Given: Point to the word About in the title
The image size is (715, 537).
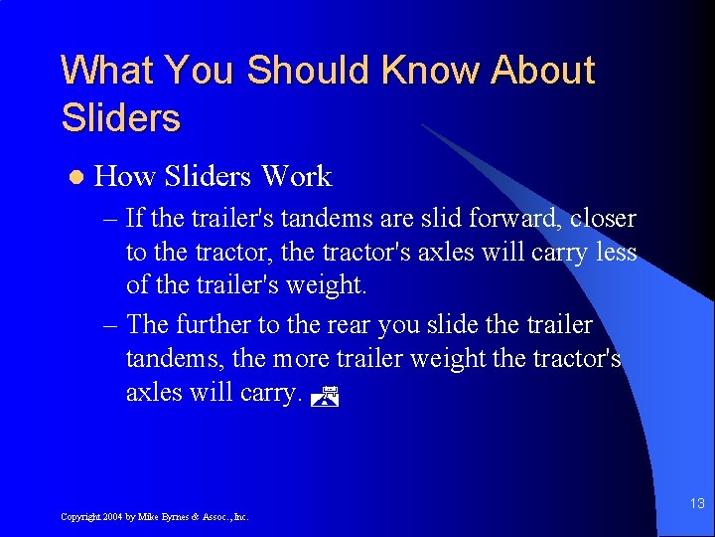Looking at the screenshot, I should [543, 72].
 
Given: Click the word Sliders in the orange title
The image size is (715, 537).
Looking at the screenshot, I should [120, 118].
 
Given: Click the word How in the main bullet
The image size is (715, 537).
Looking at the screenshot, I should [125, 177].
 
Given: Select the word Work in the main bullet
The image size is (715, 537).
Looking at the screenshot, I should [296, 177].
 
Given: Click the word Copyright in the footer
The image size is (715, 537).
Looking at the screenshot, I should [79, 517].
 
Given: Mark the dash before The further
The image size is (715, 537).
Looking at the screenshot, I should [110, 325].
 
